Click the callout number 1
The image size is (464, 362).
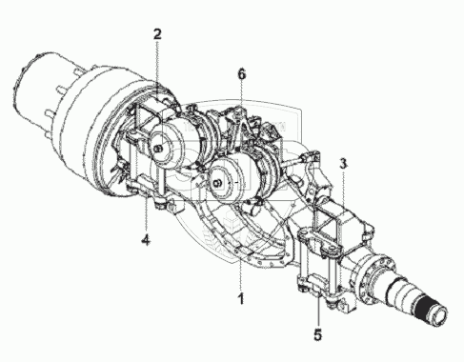[241, 298]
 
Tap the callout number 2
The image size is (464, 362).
[157, 34]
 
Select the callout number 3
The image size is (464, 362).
[343, 164]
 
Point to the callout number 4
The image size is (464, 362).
[146, 239]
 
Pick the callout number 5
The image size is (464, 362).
[318, 334]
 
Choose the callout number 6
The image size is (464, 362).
[242, 74]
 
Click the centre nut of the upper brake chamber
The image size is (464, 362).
[159, 148]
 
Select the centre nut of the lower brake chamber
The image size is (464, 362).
[218, 183]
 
